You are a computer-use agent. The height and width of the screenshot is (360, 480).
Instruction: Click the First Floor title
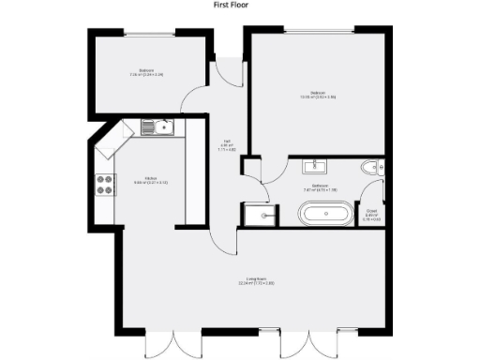click(x=239, y=5)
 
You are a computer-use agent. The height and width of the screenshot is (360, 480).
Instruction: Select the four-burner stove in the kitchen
click(x=104, y=185)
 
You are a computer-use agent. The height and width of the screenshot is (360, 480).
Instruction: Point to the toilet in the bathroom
click(x=373, y=169)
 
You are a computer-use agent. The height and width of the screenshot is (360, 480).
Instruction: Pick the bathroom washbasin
click(x=313, y=167)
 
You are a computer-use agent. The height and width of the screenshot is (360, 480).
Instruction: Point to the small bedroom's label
click(x=146, y=72)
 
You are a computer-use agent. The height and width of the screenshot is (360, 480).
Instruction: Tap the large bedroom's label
click(x=318, y=94)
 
